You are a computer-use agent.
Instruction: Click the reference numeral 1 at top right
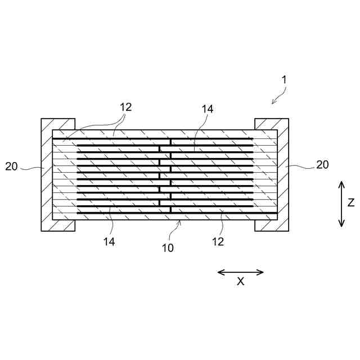click(x=285, y=79)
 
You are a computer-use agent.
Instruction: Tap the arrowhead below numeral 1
click(x=273, y=102)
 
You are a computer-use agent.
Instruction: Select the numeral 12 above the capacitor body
click(x=125, y=107)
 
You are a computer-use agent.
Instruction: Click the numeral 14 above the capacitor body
click(x=208, y=109)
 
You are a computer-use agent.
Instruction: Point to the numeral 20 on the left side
click(x=12, y=166)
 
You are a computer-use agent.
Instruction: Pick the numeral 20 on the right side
click(x=322, y=165)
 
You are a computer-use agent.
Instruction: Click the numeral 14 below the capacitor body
click(x=109, y=241)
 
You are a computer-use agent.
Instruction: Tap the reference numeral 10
click(x=168, y=247)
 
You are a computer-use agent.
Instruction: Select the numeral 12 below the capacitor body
click(x=218, y=242)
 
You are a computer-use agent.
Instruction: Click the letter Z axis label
click(x=350, y=202)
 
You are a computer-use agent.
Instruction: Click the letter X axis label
click(x=240, y=282)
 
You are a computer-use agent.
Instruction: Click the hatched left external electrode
click(x=46, y=174)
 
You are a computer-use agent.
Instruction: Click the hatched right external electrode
click(x=283, y=174)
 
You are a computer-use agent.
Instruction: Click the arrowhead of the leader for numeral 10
click(x=179, y=222)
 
